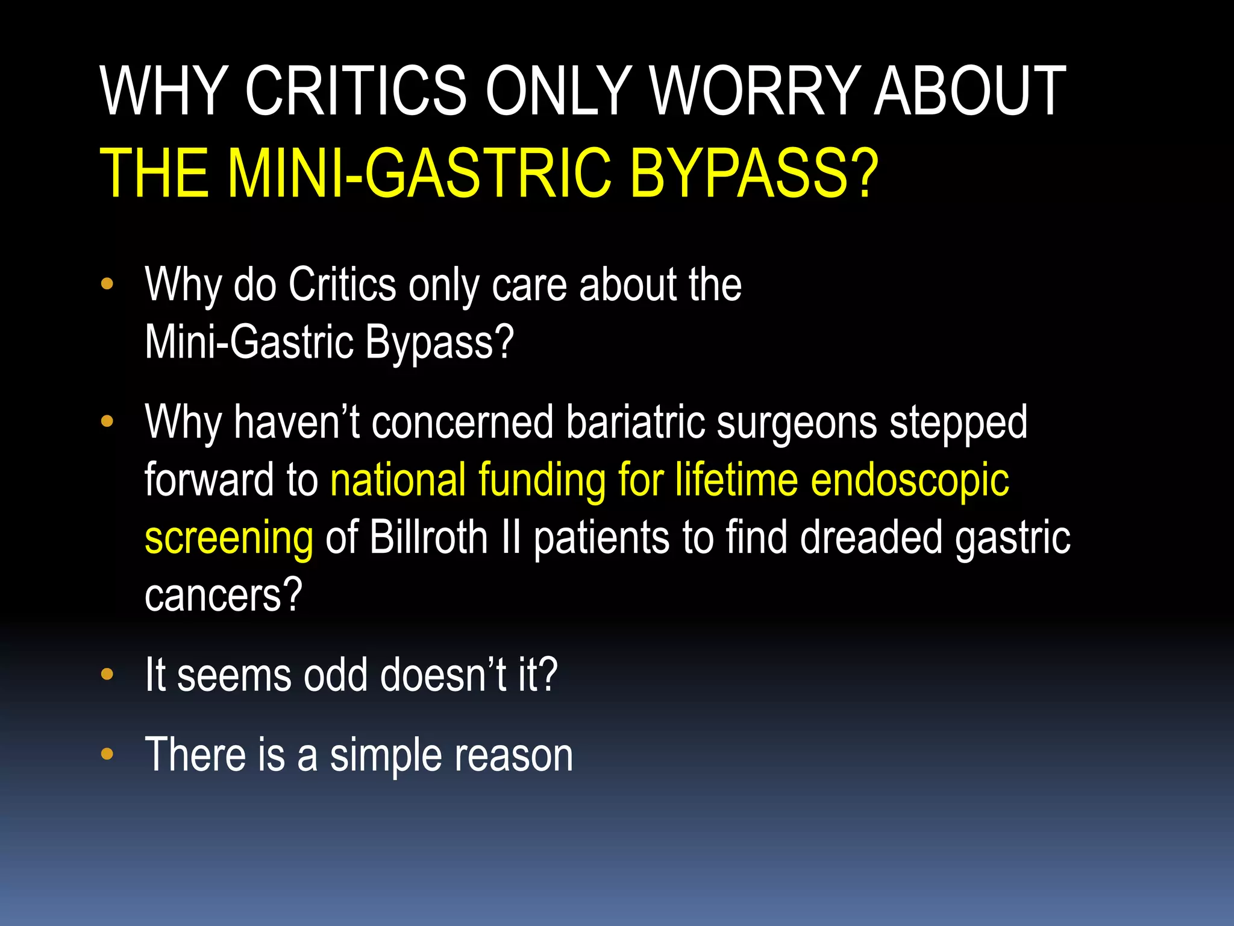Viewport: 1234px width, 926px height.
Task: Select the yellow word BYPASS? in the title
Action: [x=754, y=174]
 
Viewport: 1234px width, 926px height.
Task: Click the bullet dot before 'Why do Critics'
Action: [x=107, y=284]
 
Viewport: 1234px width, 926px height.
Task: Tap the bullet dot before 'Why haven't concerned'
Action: [x=107, y=421]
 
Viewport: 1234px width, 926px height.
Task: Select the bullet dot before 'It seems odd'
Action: [x=107, y=675]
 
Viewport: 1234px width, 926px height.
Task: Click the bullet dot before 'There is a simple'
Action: [x=107, y=754]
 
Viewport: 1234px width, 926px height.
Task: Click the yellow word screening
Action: [x=229, y=538]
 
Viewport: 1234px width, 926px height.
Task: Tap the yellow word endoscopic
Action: [x=910, y=480]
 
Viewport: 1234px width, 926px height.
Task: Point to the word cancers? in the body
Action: [x=223, y=595]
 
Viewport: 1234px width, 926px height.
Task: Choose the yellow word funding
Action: [x=542, y=480]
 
